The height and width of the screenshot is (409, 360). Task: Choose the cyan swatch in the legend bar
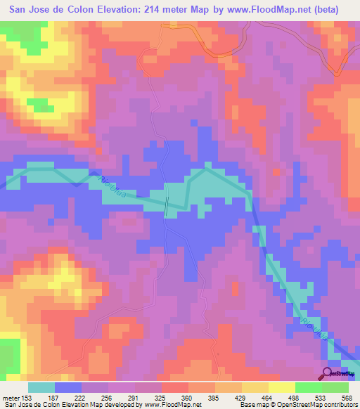41,387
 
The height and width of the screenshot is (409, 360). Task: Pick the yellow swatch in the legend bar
281,387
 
